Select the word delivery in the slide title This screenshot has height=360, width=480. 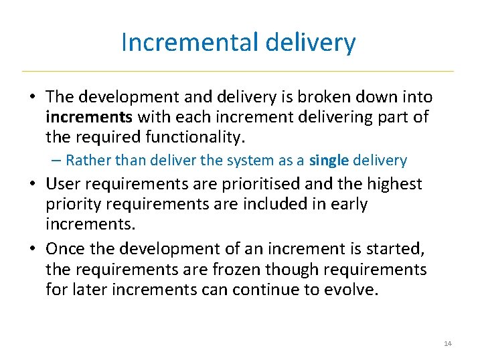[310, 43]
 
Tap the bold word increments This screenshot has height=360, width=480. [89, 118]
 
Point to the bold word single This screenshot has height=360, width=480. [328, 161]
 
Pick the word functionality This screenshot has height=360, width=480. [196, 139]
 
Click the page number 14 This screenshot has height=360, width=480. [448, 344]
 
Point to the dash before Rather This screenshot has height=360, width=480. [56, 161]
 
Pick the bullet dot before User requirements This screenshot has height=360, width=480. [32, 184]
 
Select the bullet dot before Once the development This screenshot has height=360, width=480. [32, 250]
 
